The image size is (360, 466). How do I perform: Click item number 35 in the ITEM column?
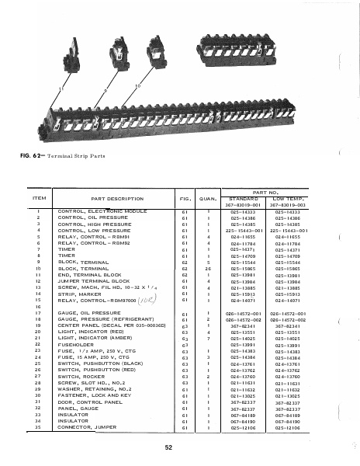tap(37, 427)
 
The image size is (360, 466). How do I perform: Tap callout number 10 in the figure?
tap(138, 85)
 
